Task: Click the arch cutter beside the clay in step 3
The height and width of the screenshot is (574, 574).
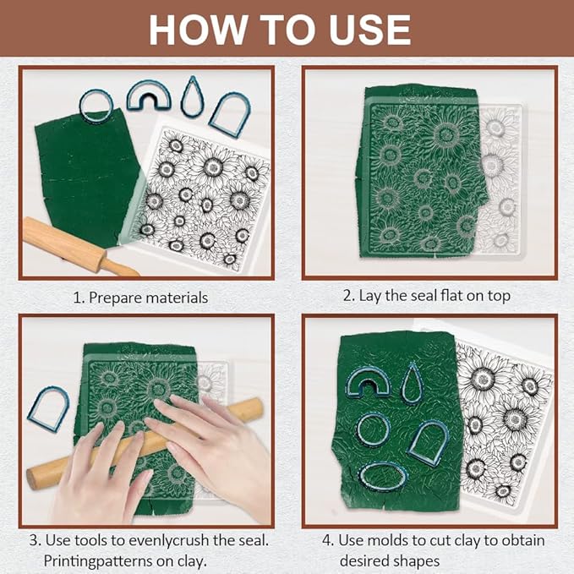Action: tap(33, 410)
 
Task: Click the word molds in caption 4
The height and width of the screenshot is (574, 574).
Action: tap(391, 540)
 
